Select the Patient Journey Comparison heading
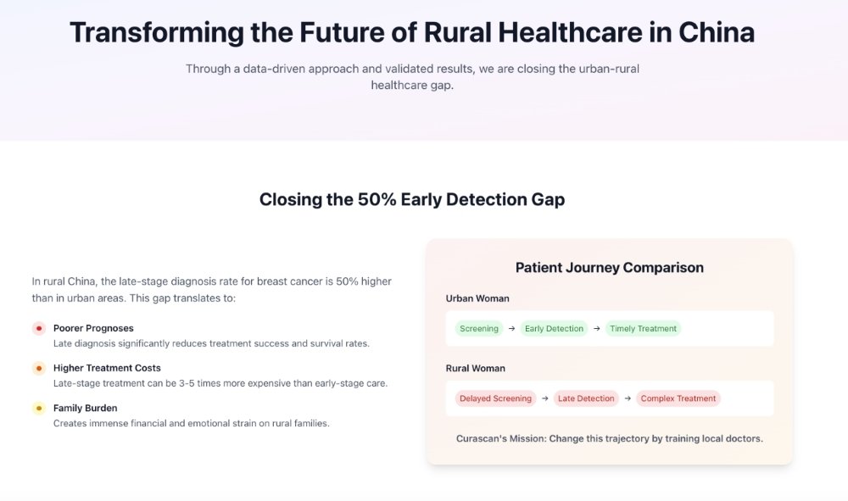[609, 268]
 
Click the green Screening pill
[479, 329]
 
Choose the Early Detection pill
[554, 329]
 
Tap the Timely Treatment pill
[643, 329]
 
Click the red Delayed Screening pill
[495, 398]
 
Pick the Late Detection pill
[584, 398]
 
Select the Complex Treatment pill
[678, 398]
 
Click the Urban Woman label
[477, 298]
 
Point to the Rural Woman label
[475, 369]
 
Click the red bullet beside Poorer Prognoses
[39, 329]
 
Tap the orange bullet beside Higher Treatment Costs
[39, 369]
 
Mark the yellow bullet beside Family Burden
[39, 409]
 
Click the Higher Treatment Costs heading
[107, 368]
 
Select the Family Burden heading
[86, 408]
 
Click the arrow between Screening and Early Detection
[511, 329]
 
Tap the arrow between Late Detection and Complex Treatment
[628, 398]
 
